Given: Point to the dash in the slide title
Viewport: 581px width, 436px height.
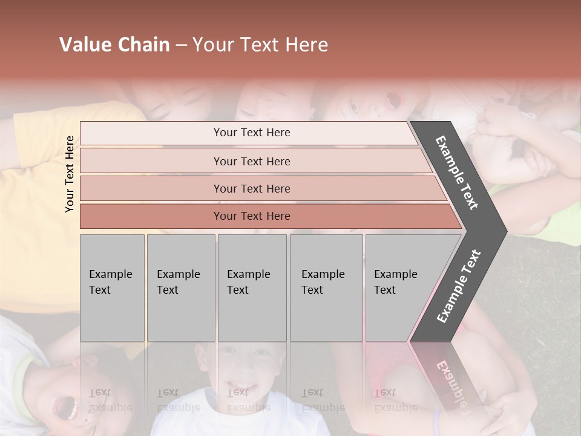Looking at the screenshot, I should click(x=181, y=45).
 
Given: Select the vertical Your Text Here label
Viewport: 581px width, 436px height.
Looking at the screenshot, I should click(x=70, y=174).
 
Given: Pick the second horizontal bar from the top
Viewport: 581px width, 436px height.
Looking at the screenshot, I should click(x=252, y=161).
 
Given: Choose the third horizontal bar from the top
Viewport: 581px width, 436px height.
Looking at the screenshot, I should click(x=252, y=188).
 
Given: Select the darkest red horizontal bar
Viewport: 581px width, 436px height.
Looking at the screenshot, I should click(x=252, y=216).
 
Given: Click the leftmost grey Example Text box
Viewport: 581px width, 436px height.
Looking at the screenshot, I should click(x=112, y=287).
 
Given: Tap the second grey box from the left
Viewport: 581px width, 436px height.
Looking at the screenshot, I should click(x=180, y=287).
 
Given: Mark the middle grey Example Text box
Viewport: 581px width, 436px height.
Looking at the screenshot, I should click(x=252, y=287).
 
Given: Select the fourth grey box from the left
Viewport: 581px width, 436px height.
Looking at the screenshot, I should click(x=326, y=287).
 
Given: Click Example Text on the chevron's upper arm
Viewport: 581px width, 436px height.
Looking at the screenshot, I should click(x=457, y=173).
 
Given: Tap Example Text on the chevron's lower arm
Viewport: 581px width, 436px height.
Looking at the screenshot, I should click(x=459, y=286).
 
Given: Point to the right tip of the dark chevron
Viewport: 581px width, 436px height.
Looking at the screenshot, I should click(x=505, y=231).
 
